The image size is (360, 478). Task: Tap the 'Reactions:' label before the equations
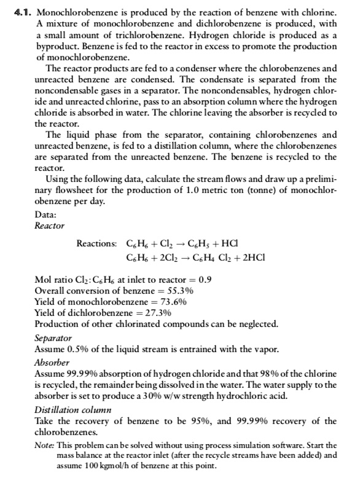98,243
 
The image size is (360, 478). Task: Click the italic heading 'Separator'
53,339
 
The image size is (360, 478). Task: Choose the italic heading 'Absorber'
51,361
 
